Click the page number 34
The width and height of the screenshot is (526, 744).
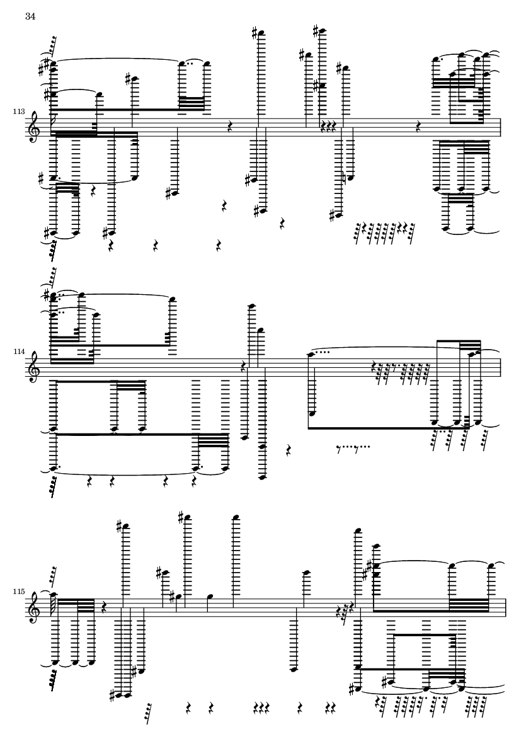pyautogui.click(x=30, y=16)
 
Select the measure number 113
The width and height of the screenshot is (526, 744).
pyautogui.click(x=19, y=112)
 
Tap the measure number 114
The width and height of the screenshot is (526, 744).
pyautogui.click(x=19, y=352)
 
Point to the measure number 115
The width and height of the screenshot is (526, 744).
pyautogui.click(x=19, y=592)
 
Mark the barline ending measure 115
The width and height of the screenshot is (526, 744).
pyautogui.click(x=506, y=608)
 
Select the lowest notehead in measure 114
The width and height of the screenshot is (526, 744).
pyautogui.click(x=262, y=478)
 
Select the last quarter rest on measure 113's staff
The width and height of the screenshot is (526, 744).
pyautogui.click(x=418, y=126)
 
